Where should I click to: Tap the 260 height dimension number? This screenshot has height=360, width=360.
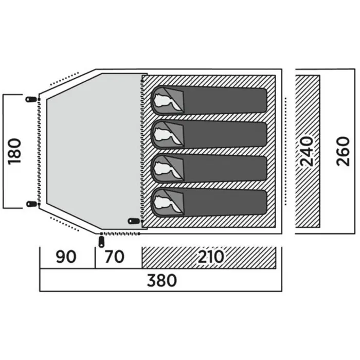coord(343,151)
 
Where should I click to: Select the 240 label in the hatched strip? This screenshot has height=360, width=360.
coord(308,151)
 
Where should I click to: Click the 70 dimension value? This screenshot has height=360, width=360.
coord(114,257)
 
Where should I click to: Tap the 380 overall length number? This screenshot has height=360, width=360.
coord(161,281)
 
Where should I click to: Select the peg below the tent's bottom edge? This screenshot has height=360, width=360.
coord(101,241)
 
